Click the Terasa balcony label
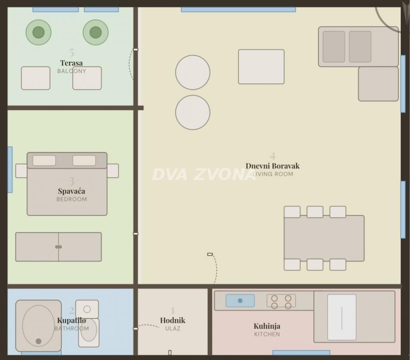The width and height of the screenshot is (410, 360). tap(72, 63)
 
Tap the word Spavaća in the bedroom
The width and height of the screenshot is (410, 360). tap(72, 191)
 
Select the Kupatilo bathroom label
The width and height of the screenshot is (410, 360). tap(72, 320)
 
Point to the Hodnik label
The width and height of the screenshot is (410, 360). tap(173, 320)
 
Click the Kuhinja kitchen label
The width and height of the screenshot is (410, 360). tap(267, 326)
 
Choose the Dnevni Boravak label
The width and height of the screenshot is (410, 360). tap(273, 166)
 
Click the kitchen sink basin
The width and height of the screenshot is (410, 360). tap(240, 300)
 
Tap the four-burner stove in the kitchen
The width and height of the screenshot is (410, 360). tap(281, 302)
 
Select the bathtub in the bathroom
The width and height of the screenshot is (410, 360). tap(38, 326)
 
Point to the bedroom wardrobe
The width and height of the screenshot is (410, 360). tap(59, 247)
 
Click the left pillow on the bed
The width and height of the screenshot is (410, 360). tap(44, 160)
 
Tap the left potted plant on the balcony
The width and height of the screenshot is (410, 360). tap(38, 32)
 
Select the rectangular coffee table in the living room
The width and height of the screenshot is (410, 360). tap(261, 67)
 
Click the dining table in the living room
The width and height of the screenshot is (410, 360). tap(324, 238)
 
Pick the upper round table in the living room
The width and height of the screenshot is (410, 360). tap(193, 72)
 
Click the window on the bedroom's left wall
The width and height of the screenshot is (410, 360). tap(10, 170)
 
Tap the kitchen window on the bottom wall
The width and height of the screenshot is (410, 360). tap(301, 353)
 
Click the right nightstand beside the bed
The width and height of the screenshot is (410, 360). tap(113, 171)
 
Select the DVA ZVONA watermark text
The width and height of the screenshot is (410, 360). tap(204, 174)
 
